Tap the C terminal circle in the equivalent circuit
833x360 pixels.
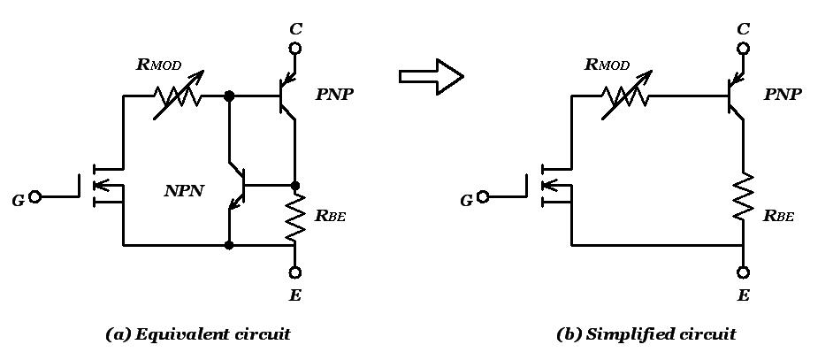295,50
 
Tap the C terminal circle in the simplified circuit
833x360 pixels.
743,50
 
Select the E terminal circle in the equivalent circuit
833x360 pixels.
295,273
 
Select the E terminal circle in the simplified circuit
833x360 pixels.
743,273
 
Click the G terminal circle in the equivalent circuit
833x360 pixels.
35,197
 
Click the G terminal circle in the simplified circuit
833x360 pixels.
483,197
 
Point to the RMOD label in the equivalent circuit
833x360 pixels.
161,64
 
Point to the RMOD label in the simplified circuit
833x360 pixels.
608,64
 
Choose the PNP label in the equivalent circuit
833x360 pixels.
334,94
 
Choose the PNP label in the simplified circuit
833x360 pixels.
783,94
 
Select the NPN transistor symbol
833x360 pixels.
235,187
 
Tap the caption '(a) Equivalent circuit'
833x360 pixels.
197,334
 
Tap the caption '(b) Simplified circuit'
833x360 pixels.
646,334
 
